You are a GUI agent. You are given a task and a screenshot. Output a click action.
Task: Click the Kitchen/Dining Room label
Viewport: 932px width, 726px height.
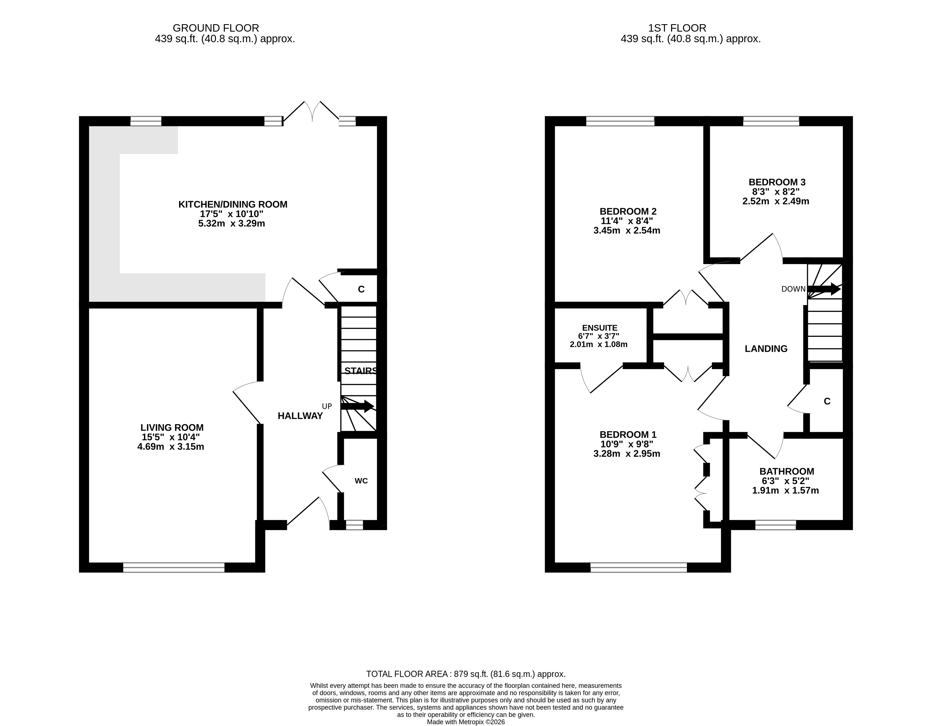pos(233,204)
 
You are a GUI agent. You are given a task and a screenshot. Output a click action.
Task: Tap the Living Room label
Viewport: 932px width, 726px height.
pos(172,427)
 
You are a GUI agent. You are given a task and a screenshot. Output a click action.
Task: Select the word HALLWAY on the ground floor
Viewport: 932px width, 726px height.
pos(300,416)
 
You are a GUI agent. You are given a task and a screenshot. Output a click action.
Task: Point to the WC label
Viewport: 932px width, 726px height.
pos(361,481)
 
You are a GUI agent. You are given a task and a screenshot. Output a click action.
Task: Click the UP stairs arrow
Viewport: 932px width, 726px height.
pos(357,406)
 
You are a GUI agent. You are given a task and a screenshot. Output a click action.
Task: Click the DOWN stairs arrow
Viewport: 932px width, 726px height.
pos(824,289)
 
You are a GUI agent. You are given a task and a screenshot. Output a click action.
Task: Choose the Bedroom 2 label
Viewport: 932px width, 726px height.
pos(628,211)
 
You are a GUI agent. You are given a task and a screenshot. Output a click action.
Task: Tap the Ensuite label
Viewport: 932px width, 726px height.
pos(600,328)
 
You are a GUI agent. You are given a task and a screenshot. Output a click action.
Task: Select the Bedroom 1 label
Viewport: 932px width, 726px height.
pos(628,434)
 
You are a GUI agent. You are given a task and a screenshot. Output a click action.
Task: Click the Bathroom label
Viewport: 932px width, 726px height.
pos(786,471)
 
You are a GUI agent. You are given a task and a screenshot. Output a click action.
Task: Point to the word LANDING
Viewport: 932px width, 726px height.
pos(766,349)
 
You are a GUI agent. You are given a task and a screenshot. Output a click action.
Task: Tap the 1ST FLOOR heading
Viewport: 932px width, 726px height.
pos(677,28)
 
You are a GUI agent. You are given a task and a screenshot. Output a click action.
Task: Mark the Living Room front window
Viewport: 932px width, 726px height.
pos(174,567)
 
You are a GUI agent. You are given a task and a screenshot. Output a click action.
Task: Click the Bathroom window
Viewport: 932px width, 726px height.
pos(775,525)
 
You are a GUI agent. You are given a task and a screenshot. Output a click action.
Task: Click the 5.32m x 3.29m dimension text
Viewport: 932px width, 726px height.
pos(232,223)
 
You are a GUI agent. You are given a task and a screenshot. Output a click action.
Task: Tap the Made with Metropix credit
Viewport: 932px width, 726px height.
pos(466,722)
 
